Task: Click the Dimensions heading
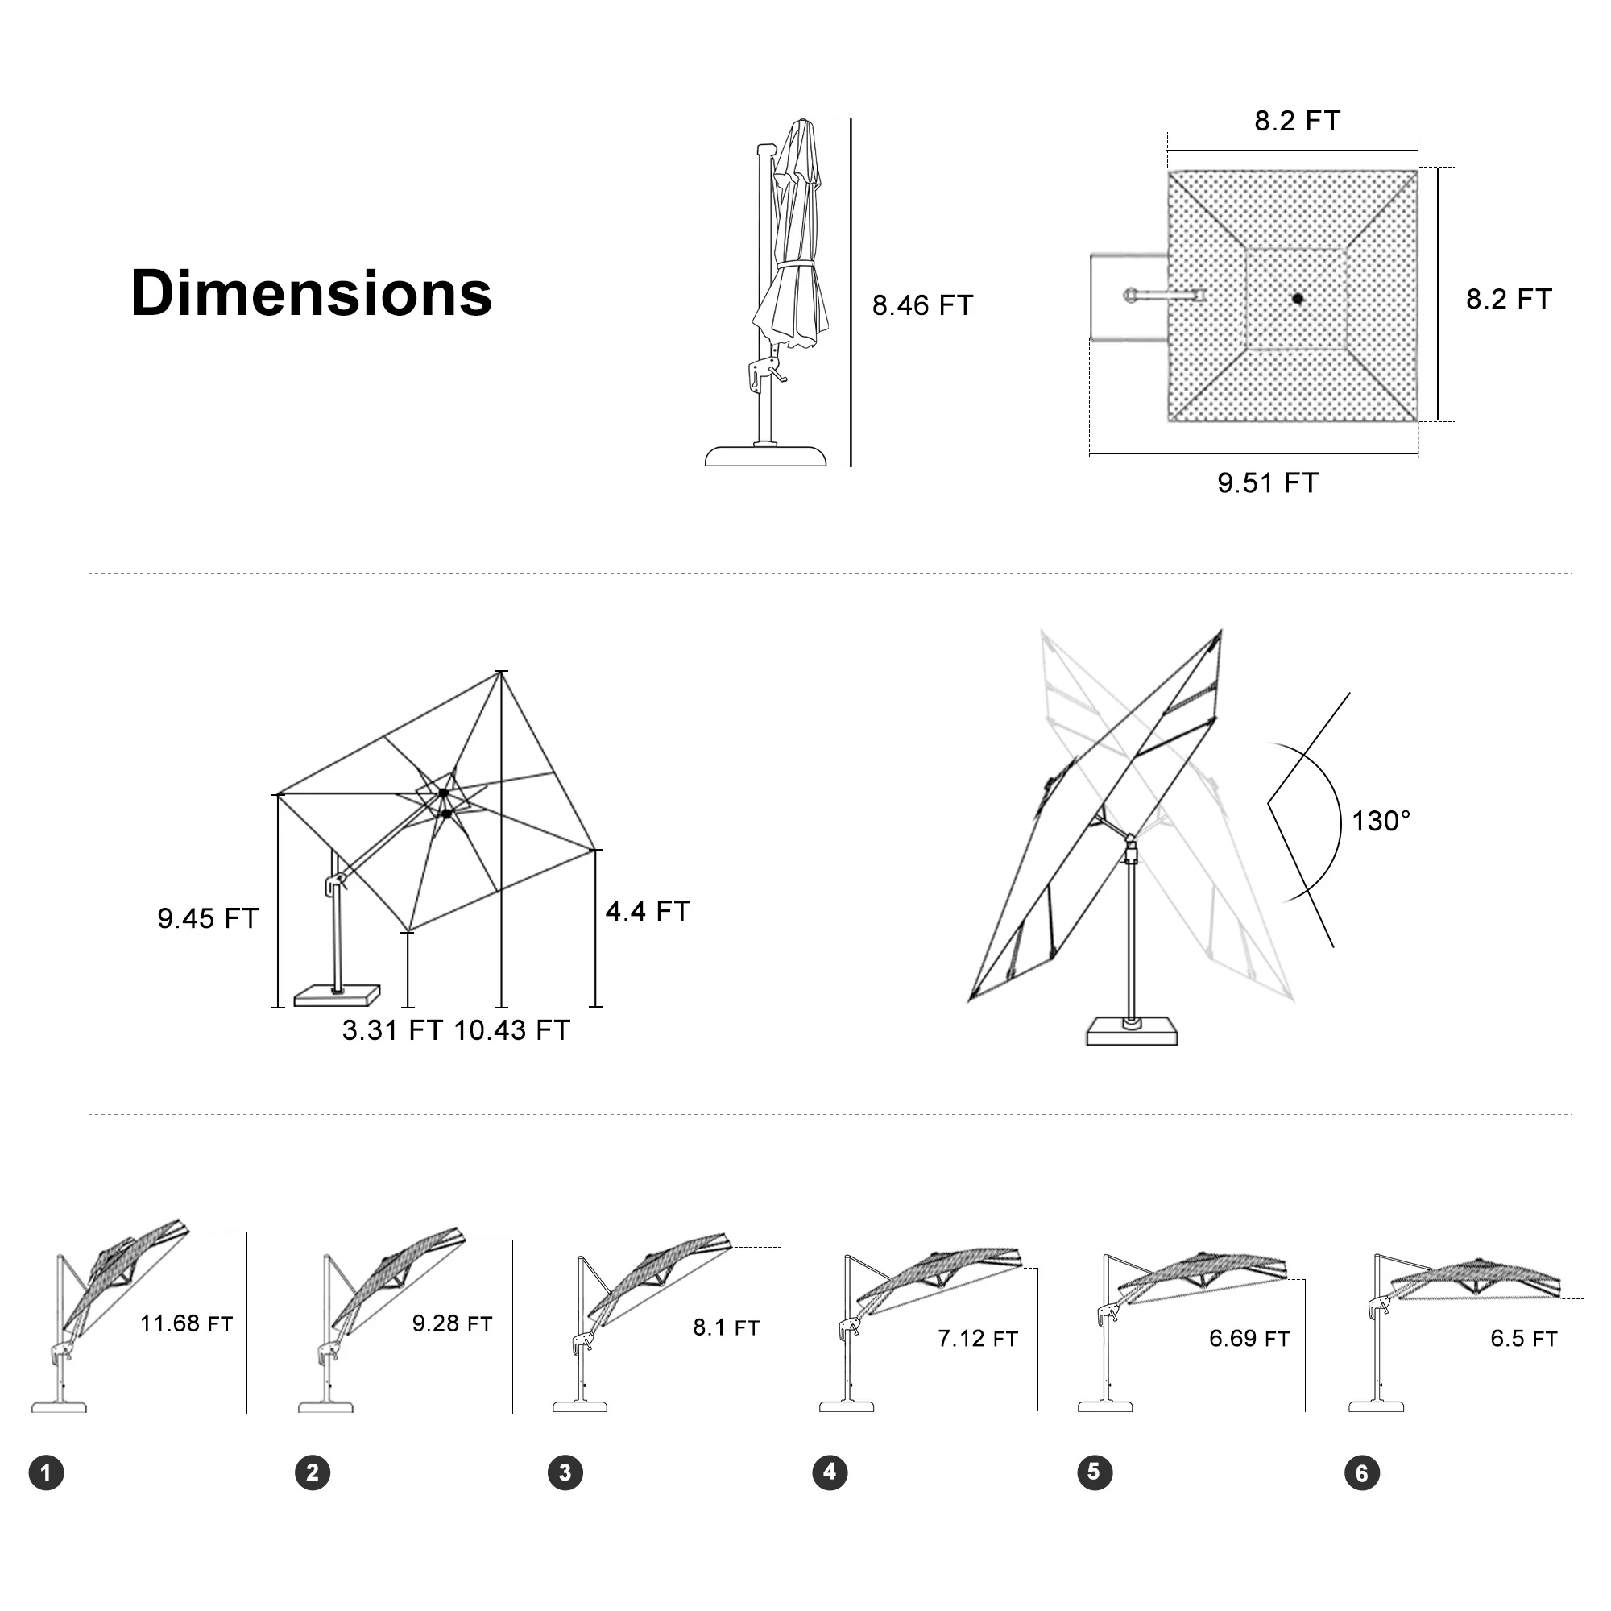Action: point(311,293)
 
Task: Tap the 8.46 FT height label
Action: point(922,306)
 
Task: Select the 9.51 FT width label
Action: point(1267,482)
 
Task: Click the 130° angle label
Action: point(1381,822)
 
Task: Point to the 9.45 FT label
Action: point(208,919)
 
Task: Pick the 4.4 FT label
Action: point(648,911)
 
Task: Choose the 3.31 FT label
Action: point(392,1031)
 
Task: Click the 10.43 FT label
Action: point(512,1031)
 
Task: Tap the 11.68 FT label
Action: point(186,1324)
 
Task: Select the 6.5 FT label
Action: point(1523,1340)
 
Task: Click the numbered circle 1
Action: point(47,1472)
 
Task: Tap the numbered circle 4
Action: point(830,1472)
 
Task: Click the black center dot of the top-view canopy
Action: point(1298,298)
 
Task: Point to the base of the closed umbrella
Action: point(765,455)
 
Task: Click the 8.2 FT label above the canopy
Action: point(1297,122)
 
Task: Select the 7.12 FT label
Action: point(977,1340)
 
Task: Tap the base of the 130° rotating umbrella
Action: point(1132,1032)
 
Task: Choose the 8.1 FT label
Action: point(726,1327)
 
